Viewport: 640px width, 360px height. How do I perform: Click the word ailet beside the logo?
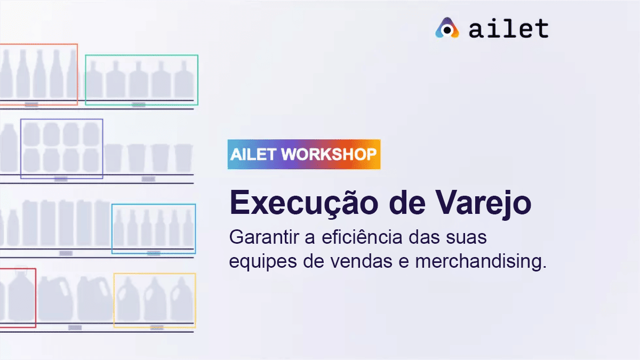509,28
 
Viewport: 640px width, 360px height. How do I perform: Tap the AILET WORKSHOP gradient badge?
304,154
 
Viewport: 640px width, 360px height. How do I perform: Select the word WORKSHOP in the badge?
329,154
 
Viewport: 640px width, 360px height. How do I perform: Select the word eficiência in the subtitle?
362,237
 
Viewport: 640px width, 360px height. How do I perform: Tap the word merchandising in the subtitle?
481,261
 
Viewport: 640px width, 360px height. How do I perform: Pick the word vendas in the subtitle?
361,261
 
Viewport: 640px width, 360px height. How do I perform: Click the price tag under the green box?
139,105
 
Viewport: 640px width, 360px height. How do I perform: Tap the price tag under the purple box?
61,179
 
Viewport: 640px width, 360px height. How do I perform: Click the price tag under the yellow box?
157,327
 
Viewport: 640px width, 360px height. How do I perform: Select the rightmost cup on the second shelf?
183,158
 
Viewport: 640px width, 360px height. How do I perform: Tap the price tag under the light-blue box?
154,253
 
